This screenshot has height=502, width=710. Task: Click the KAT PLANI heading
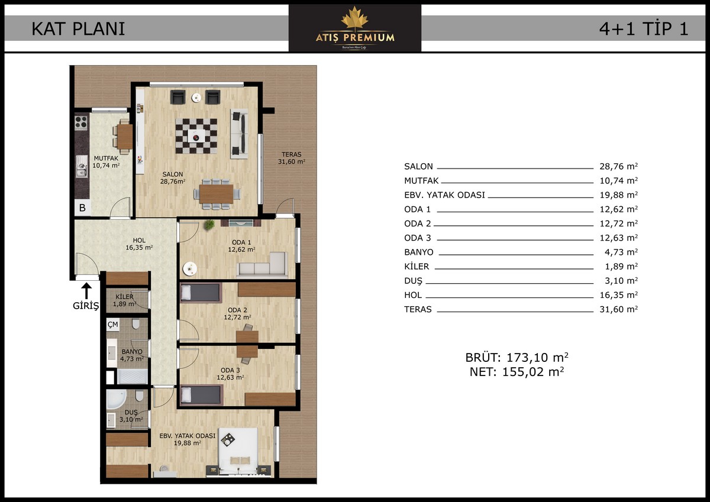coord(78,28)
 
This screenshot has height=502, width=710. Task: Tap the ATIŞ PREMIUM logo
coord(355,28)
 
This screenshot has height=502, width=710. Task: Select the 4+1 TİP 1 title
coord(644,28)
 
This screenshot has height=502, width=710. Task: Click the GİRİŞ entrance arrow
coord(86,291)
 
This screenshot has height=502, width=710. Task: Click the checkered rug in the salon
coord(196,136)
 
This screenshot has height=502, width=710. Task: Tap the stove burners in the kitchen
coord(81,122)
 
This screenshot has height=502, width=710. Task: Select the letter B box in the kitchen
coord(82,208)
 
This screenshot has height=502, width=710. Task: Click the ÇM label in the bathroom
coord(113,325)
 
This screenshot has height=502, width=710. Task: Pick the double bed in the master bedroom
coord(238,451)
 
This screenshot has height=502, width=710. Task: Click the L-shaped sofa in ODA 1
coord(263,264)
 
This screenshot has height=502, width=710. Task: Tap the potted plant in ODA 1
coord(209,225)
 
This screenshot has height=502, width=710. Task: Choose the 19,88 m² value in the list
coord(618,195)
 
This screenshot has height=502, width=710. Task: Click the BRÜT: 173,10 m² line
coord(517,358)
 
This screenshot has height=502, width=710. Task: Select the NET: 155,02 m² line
coord(517,372)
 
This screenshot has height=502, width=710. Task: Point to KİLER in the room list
coord(417,266)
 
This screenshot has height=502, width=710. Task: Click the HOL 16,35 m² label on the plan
coord(139,244)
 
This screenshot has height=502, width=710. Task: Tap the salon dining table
coord(217,194)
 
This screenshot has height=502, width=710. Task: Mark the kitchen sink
coord(82,171)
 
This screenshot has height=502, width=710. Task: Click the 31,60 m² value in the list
coord(618,309)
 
